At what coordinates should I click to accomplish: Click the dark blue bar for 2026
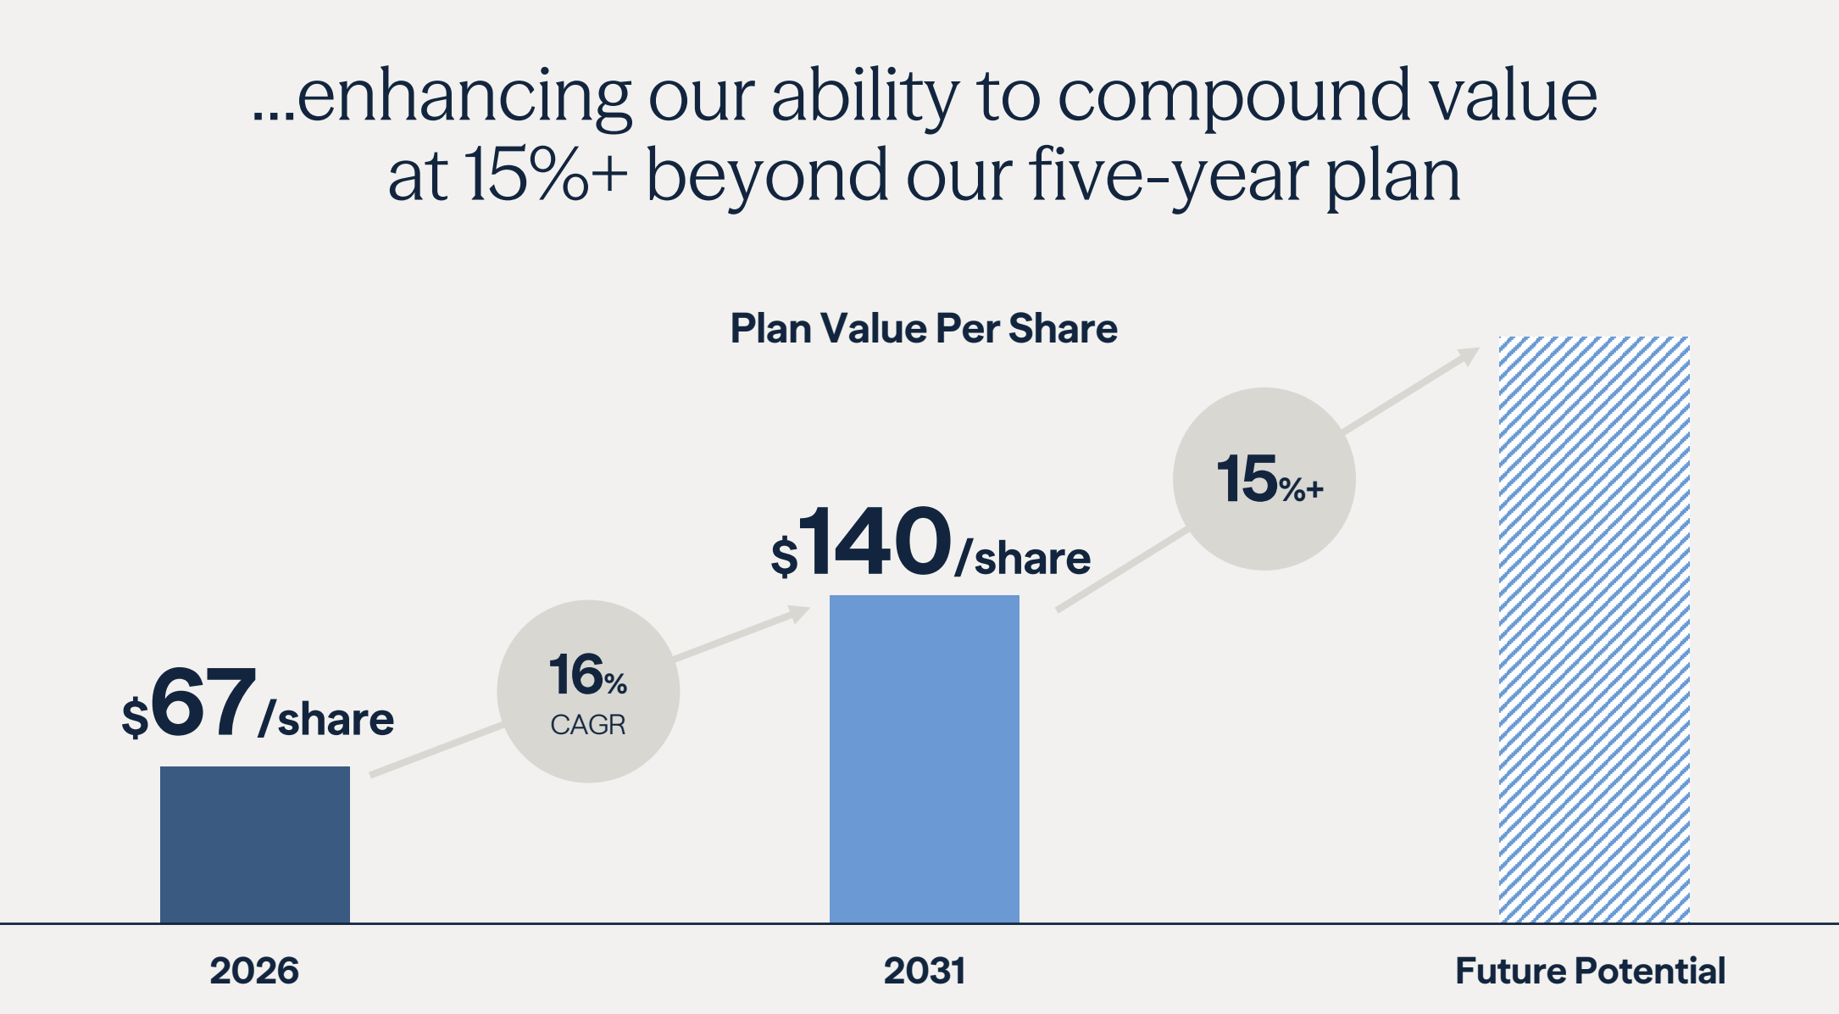[255, 844]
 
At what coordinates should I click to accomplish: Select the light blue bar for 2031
[925, 759]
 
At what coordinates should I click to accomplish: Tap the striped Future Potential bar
[1594, 629]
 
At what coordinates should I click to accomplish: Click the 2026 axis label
[254, 971]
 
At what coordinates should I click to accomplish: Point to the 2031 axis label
[925, 971]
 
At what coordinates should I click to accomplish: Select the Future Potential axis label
[1591, 971]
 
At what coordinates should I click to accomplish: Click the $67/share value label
[258, 703]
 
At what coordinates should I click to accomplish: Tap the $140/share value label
[931, 542]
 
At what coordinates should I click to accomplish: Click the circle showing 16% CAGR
[588, 691]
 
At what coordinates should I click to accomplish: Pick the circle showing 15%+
[1264, 479]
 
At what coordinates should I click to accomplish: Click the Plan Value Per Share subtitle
[924, 328]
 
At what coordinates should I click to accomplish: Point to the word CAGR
[588, 725]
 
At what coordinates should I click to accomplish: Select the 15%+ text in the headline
[546, 175]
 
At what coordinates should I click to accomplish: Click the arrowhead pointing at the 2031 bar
[799, 612]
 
